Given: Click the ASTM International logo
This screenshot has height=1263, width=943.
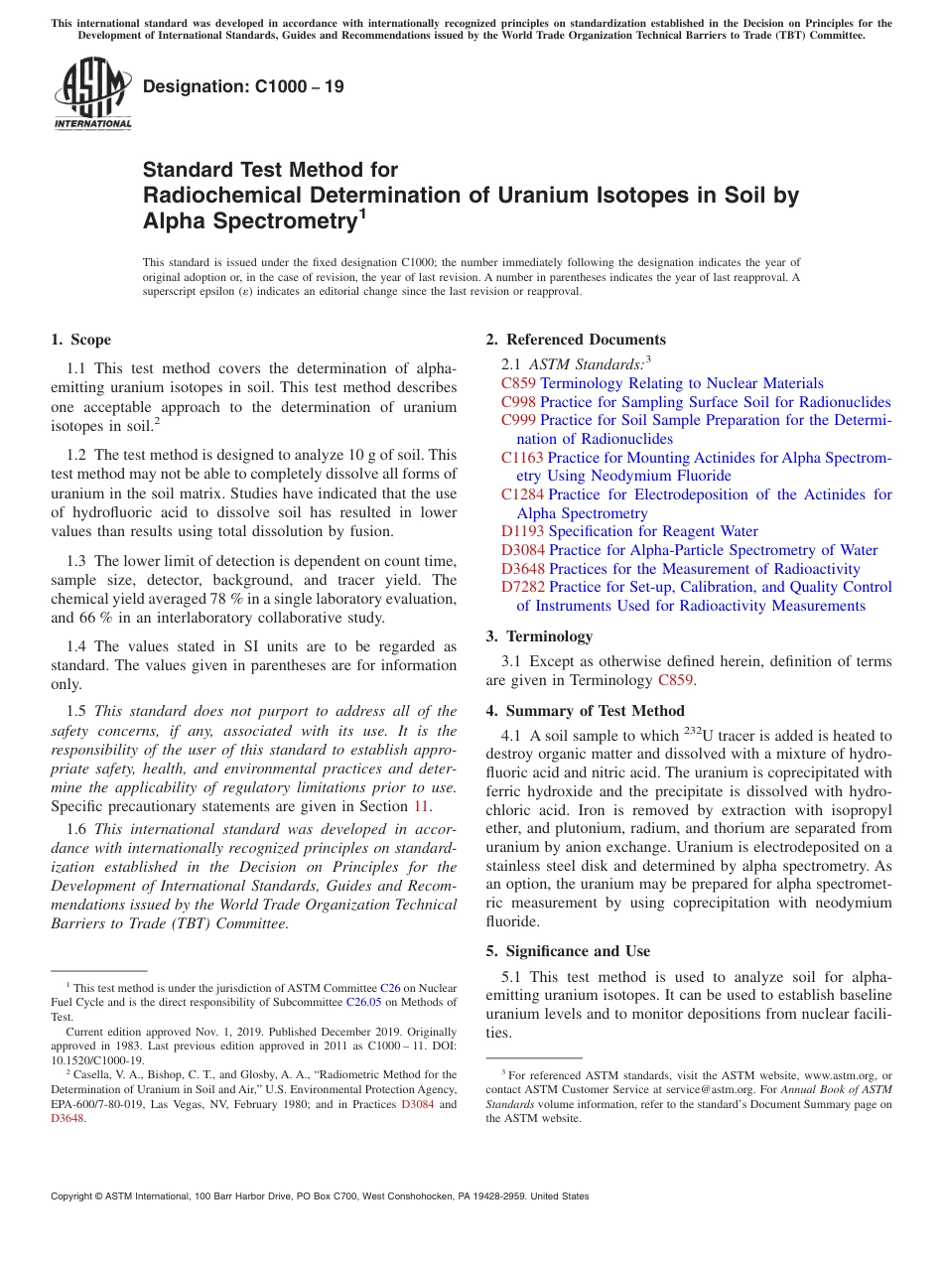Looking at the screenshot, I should click(x=92, y=92).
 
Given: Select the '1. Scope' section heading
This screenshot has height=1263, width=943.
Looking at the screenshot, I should click(x=80, y=340).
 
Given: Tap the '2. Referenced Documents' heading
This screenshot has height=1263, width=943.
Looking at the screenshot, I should click(x=576, y=340).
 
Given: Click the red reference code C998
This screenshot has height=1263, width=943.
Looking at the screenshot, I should click(x=518, y=402).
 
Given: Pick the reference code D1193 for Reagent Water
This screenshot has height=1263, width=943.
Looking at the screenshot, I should click(x=522, y=531).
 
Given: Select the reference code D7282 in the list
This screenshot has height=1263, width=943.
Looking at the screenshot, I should click(x=522, y=587).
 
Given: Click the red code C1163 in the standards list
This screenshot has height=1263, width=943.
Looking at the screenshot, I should click(x=522, y=458).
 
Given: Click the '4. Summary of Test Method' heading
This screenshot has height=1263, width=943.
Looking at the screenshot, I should click(x=585, y=710).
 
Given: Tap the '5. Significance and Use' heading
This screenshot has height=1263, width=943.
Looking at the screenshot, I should click(x=568, y=951).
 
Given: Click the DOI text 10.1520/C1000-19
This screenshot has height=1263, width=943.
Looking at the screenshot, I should click(x=97, y=1059).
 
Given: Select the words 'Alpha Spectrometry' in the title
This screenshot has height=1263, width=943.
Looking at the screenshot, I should click(x=249, y=221).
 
